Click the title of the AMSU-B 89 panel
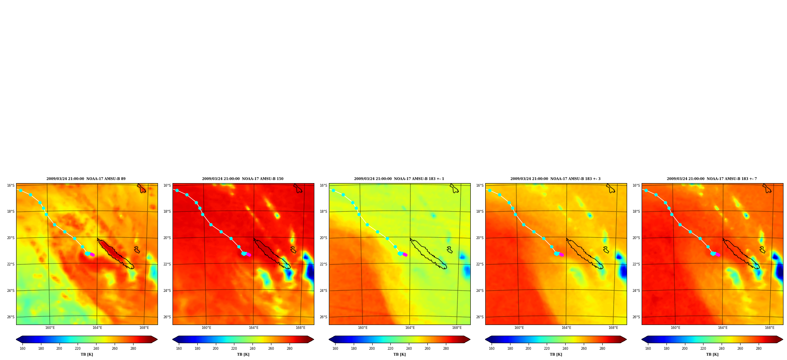86,179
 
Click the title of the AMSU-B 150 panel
243,179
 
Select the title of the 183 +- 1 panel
399,179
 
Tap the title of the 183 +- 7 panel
712,179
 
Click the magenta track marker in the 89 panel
92,255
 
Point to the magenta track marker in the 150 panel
249,255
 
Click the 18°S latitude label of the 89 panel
11,212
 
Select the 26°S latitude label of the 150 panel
167,317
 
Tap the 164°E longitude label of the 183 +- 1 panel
410,328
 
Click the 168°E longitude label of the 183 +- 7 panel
769,328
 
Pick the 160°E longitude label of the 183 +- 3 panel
519,328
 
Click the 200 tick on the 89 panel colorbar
59,349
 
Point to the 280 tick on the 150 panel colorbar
290,349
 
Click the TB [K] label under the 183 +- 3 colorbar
556,354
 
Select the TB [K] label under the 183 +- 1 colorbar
399,354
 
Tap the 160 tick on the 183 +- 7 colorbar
648,349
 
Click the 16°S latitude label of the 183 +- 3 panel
480,186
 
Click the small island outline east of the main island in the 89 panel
137,250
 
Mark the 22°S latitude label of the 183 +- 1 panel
323,264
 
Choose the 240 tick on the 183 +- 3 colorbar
565,349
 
